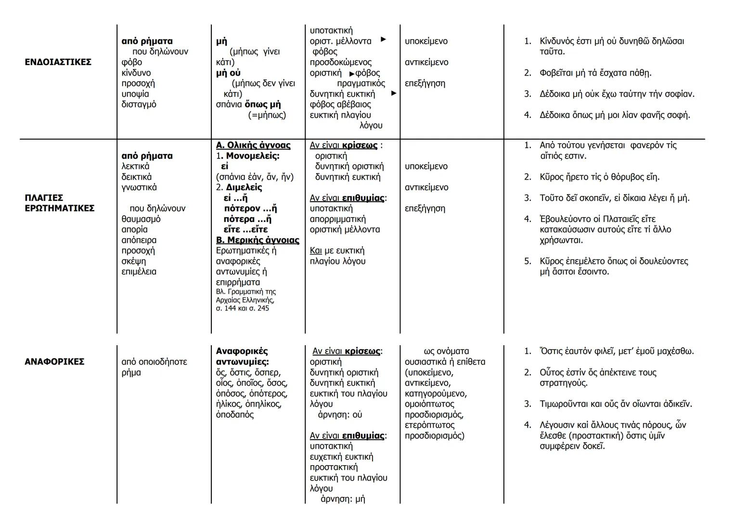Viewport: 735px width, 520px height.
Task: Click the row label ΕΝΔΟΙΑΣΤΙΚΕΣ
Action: coord(58,62)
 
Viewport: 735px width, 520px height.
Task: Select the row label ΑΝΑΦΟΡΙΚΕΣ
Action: coord(54,362)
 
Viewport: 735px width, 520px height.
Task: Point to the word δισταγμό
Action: coord(139,104)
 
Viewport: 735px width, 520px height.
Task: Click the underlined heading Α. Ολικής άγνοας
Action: coord(253,145)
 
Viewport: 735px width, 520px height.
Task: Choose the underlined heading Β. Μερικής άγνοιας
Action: coord(258,240)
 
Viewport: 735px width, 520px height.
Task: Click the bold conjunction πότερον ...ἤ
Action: coord(250,208)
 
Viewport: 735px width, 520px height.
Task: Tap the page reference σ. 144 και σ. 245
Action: coord(243,308)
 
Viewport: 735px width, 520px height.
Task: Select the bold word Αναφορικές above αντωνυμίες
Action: coord(242,351)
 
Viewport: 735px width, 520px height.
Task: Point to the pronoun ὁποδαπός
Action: coord(234,415)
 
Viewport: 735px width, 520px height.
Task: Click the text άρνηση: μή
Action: coord(343,499)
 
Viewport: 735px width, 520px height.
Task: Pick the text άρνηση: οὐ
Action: coord(340,415)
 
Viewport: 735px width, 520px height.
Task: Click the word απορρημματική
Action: coord(337,219)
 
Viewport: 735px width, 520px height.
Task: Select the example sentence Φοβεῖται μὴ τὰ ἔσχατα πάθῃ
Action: coord(595,73)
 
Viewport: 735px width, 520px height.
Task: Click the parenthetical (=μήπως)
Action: coord(267,115)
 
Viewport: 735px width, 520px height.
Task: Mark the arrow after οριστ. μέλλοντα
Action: coord(383,39)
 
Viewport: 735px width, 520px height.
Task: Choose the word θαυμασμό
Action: coord(141,219)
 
